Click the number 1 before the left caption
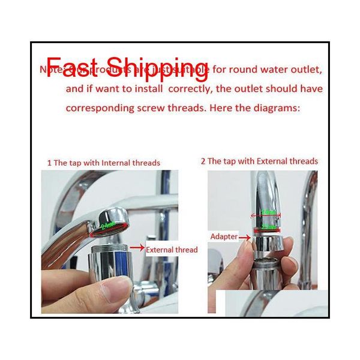(x=49, y=163)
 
